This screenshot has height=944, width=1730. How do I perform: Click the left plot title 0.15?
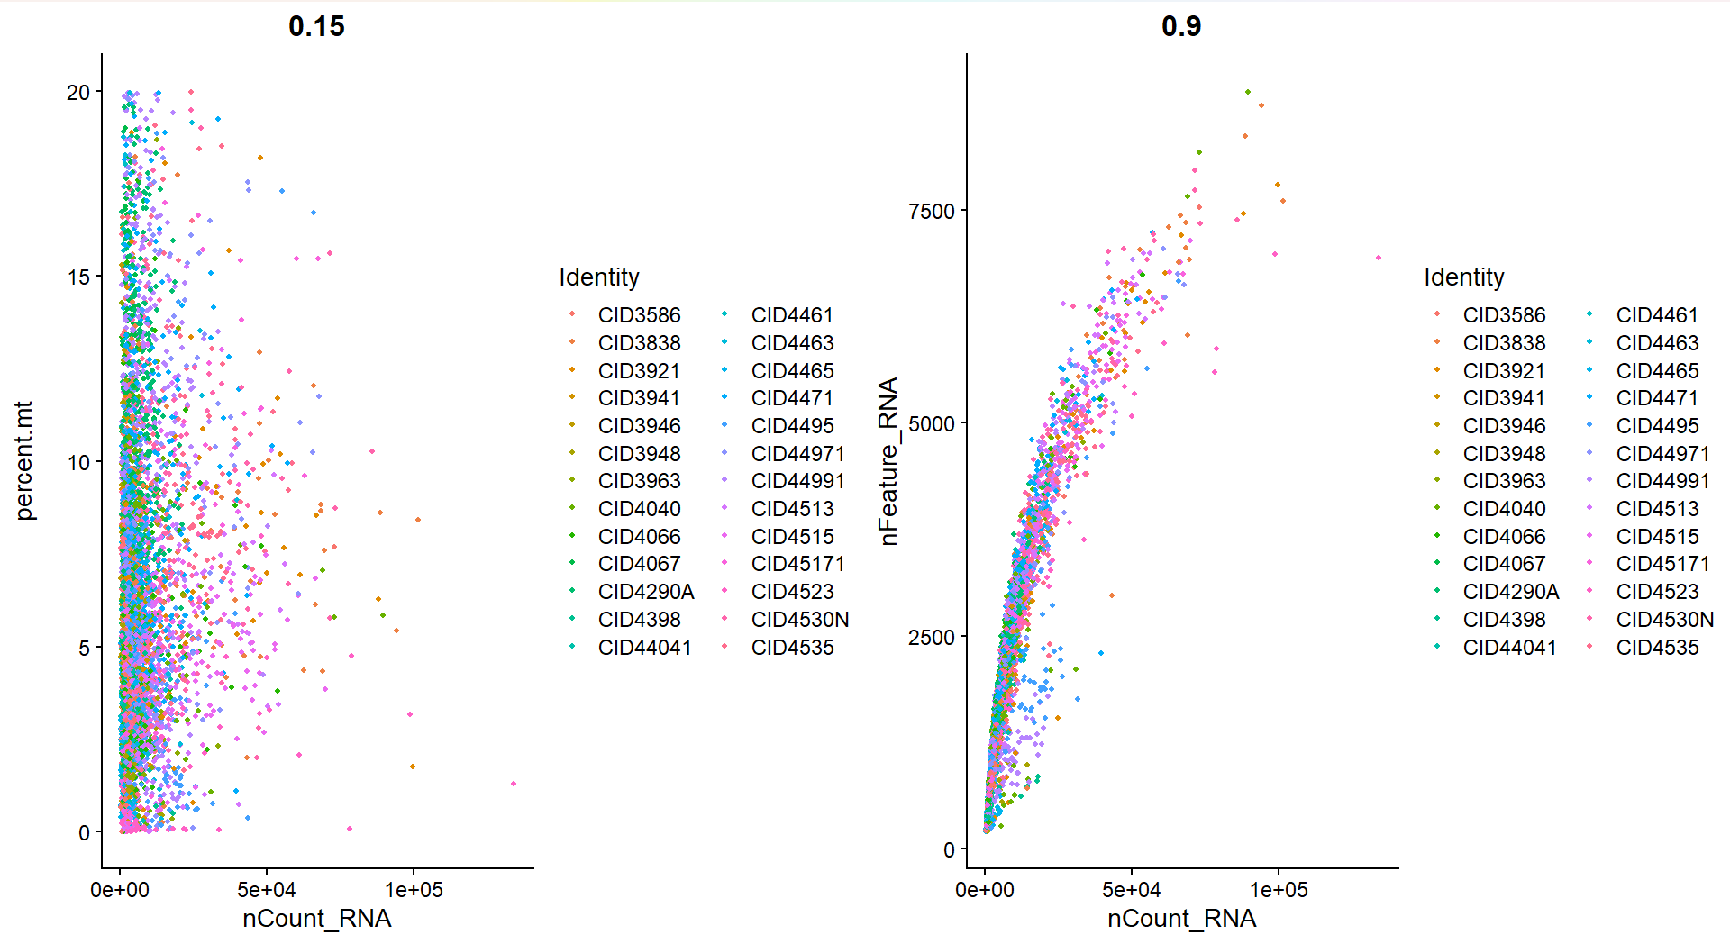316,26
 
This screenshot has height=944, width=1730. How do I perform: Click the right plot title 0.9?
1180,26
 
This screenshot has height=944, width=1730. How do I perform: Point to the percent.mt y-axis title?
24,460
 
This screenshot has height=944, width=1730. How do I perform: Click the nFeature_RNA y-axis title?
888,460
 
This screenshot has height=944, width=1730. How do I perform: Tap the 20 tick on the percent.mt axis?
78,92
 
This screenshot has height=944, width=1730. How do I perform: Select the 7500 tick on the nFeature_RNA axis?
931,211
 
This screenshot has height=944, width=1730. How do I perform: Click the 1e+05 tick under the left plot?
414,890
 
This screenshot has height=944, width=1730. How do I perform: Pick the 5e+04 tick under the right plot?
1131,890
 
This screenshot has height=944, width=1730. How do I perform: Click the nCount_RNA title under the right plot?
1180,918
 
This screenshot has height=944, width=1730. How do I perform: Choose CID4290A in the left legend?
645,592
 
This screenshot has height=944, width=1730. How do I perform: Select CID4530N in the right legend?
1664,620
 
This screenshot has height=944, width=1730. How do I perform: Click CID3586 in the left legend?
639,315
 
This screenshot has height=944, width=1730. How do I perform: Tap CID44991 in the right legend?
1662,481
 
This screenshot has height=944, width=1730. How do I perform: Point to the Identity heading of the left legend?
598,277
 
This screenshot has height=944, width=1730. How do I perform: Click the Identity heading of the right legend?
1463,277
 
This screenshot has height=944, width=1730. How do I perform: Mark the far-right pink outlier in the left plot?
514,784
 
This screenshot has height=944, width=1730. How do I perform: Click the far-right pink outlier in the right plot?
1379,258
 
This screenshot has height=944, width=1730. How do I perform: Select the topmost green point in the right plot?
1248,92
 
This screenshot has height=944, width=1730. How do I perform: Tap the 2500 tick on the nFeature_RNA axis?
931,637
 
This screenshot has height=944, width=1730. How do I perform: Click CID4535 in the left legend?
792,648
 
